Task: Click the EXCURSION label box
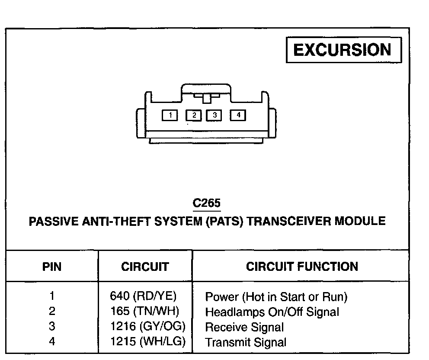(344, 50)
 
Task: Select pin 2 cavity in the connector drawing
(193, 115)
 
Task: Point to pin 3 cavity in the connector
(214, 115)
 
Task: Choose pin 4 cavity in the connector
(238, 115)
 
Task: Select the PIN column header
(52, 267)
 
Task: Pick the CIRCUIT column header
(145, 267)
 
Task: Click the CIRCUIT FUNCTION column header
(302, 267)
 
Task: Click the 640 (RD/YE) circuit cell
(144, 296)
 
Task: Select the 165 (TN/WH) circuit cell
(144, 312)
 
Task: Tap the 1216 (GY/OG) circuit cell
(147, 327)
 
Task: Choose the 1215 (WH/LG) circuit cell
(147, 342)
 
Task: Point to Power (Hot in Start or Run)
(276, 297)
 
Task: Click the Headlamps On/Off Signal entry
(272, 312)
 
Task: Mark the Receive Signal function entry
(244, 327)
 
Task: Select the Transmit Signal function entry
(246, 343)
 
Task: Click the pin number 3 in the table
(52, 327)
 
